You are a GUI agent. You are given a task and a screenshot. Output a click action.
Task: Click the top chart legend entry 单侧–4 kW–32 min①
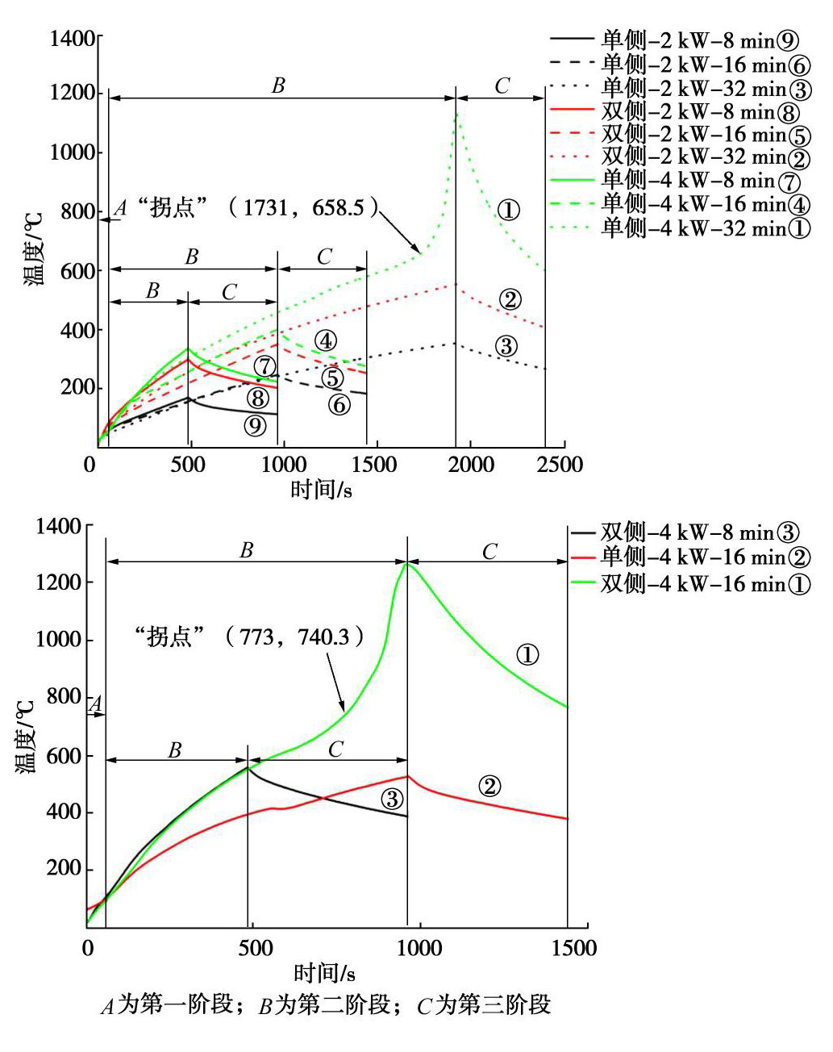(x=705, y=228)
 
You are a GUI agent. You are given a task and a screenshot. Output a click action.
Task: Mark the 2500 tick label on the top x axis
(x=560, y=464)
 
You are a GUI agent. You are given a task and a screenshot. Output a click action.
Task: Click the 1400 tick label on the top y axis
(x=73, y=38)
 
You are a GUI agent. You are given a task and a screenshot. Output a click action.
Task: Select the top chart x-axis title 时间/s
(x=321, y=489)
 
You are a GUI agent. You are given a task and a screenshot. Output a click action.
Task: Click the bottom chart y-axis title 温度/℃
(x=26, y=736)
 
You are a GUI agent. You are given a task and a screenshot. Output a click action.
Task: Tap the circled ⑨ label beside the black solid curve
(x=255, y=425)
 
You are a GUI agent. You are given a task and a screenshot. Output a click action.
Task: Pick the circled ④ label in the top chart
(x=324, y=341)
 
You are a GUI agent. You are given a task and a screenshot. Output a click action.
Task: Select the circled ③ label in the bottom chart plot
(x=391, y=799)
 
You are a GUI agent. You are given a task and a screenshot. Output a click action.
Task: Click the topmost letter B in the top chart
(x=278, y=86)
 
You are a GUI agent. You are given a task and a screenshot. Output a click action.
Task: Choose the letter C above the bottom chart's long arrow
(x=489, y=552)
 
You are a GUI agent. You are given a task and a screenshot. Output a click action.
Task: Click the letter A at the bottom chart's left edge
(x=94, y=705)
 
